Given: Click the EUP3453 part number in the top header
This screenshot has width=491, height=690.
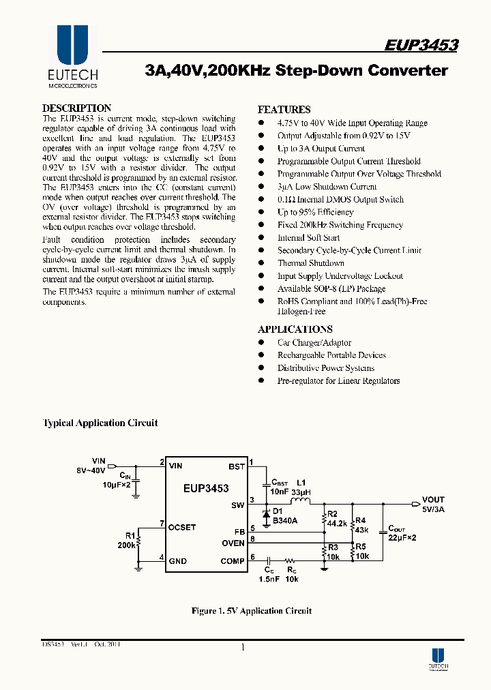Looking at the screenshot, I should point(421,45).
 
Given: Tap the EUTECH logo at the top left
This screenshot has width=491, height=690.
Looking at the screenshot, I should point(72,57).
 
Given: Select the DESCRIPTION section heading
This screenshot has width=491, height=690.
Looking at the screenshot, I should point(76,108).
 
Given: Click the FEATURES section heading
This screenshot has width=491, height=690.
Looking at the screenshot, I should point(284,109).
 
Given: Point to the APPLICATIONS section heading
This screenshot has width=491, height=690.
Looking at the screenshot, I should point(295,329).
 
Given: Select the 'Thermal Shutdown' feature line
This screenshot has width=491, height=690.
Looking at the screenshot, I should point(310,263).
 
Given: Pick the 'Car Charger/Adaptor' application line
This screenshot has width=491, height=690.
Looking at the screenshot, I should point(314,342).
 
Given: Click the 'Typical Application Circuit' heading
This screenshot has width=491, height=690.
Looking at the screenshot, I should point(100,423).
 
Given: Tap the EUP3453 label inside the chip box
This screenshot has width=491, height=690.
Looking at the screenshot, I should point(206,488).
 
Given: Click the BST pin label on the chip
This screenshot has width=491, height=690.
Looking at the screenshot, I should point(236,466).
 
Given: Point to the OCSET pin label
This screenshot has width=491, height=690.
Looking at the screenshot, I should point(183,527).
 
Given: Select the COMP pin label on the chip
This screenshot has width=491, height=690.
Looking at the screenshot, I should point(233,561).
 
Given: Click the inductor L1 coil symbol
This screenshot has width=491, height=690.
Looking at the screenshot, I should point(300,502).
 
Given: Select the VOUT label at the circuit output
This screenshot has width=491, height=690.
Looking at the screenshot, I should point(433,499).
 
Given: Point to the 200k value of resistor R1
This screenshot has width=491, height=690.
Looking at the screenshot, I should point(126,545).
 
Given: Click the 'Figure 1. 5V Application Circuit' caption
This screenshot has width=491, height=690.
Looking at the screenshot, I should point(251,610).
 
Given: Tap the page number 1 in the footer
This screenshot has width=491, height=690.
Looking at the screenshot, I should point(243,648).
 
